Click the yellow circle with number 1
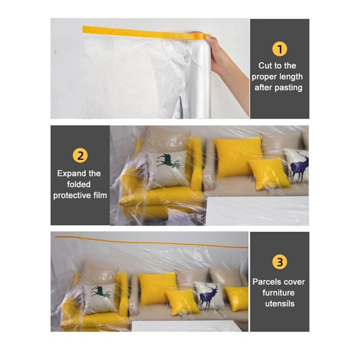[x=279, y=49]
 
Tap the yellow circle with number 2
[x=80, y=155]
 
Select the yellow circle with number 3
[x=279, y=262]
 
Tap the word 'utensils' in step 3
[x=279, y=303]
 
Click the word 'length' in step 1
[x=291, y=77]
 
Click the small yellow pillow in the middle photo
[x=268, y=173]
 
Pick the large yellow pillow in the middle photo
[x=238, y=156]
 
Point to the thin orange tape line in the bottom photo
[x=152, y=242]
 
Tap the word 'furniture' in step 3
[x=278, y=293]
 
